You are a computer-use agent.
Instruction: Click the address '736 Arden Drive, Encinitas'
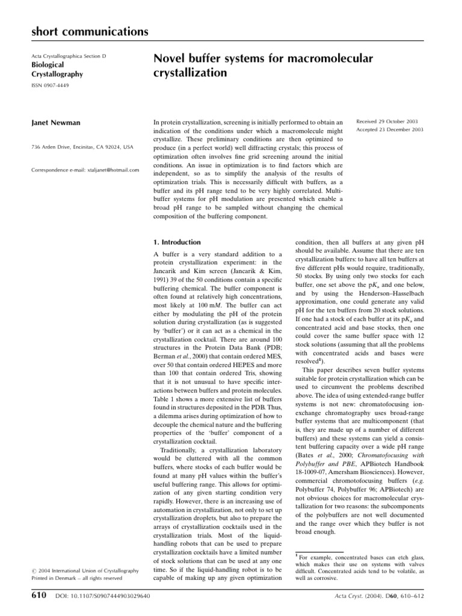coord(82,147)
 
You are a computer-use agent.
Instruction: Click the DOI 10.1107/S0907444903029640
coord(102,597)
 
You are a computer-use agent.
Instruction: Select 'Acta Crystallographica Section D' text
coord(68,56)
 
